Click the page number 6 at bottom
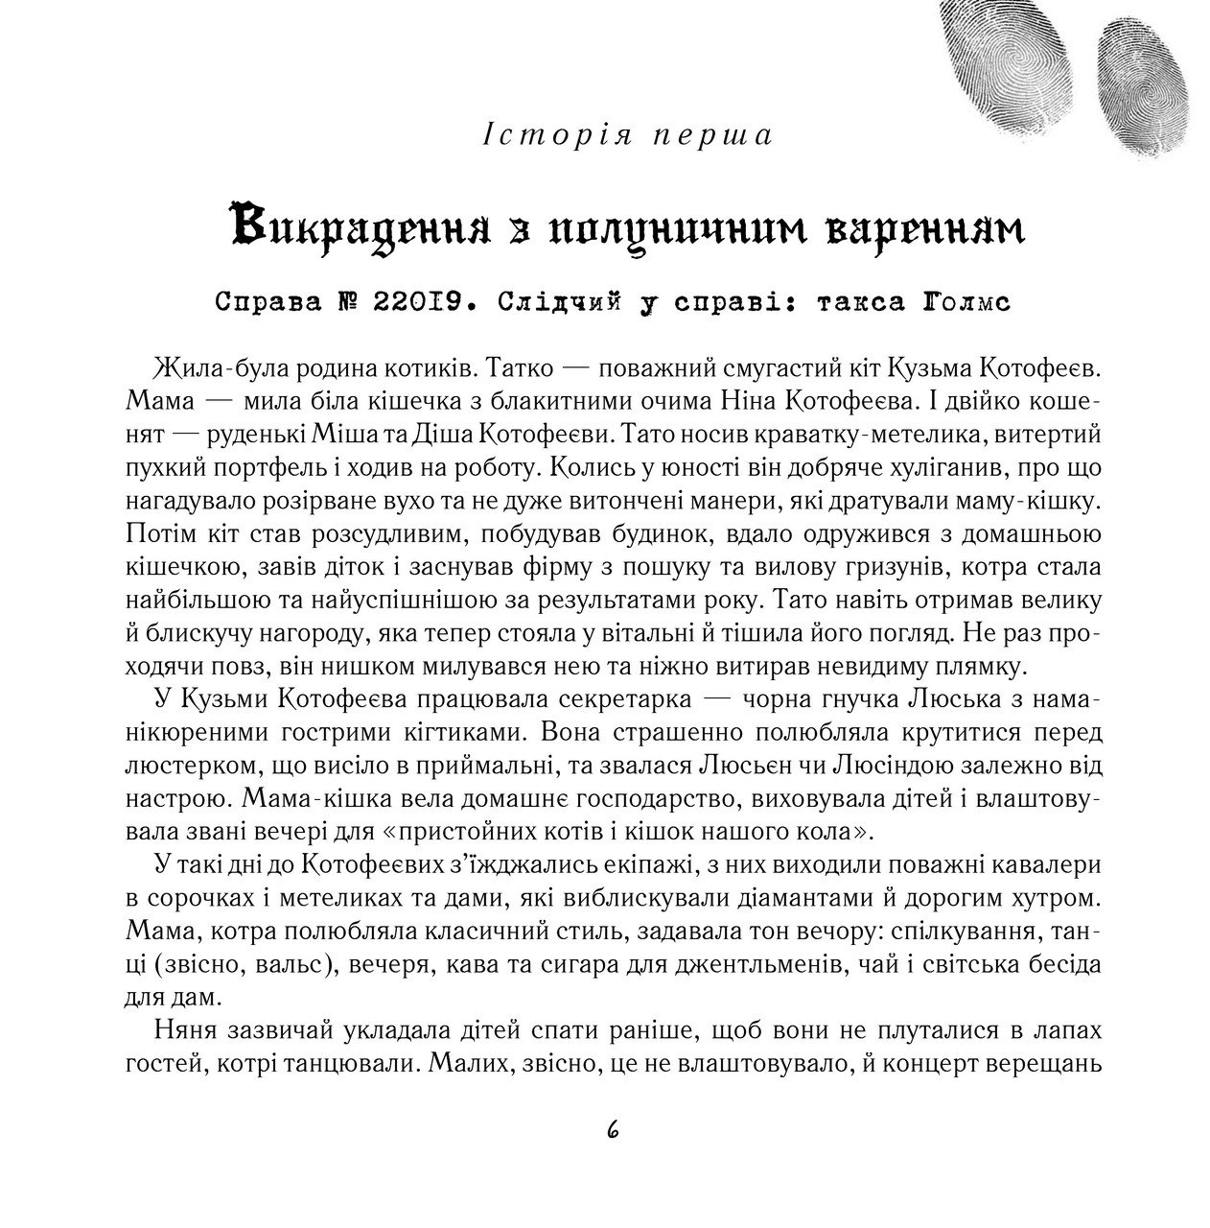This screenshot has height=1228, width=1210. click(x=613, y=1130)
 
